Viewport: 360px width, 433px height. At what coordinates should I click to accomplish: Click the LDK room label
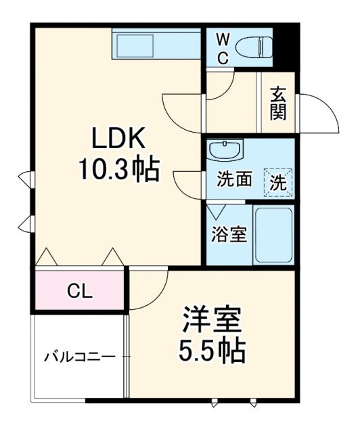[118, 139]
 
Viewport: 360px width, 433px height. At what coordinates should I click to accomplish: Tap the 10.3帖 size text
[118, 170]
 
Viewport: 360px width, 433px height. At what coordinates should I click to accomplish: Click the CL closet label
[81, 292]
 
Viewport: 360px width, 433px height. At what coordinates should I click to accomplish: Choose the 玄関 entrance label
[277, 104]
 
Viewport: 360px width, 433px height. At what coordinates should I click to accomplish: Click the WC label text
[222, 49]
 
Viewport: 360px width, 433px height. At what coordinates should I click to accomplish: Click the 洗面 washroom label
[234, 179]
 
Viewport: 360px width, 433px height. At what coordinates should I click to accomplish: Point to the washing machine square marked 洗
[278, 181]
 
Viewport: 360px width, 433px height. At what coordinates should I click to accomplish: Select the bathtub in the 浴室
[273, 235]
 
